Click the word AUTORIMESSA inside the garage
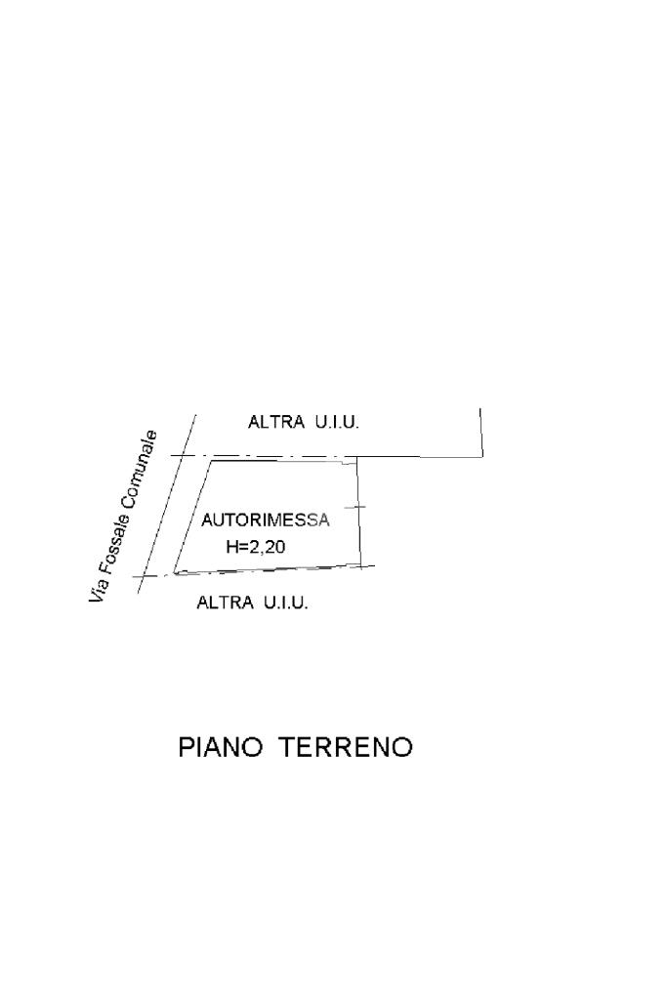pos(266,520)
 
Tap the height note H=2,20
pos(256,548)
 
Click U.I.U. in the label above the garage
pos(337,423)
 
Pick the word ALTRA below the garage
pos(224,603)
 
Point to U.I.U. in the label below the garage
pos(285,603)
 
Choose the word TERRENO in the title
pos(346,748)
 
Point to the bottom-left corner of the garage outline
pos(174,574)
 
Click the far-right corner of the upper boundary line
pos(482,456)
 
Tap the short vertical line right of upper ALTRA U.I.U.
pos(481,431)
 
